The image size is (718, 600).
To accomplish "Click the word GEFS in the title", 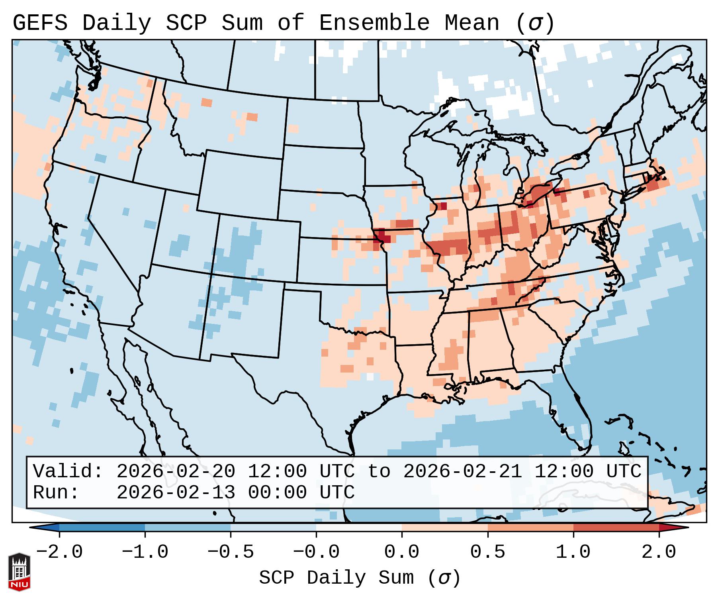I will coord(40,23).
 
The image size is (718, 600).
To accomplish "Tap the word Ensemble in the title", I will coord(374,23).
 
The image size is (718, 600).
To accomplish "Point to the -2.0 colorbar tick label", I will coord(59,552).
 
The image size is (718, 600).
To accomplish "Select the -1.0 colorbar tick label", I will coord(145,552).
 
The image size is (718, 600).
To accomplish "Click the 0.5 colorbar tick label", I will coord(488,552).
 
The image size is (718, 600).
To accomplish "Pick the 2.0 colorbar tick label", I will coord(659,552).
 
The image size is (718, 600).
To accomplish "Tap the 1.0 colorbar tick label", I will coord(573,552).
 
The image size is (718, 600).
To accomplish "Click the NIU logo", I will coord(19,572).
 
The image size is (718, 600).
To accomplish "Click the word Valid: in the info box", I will coord(68,472).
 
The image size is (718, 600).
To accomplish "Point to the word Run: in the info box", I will coord(56,493).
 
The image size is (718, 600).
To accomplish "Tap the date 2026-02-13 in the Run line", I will coord(176,493).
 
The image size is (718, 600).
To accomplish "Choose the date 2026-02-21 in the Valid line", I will coord(463,472).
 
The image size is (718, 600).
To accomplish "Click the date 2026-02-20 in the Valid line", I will coord(176,472).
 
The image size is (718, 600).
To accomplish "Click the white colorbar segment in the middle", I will coord(359,527).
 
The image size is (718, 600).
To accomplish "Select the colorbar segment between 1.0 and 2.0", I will coord(616,527).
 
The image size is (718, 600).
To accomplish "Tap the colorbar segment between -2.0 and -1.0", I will coord(102,527).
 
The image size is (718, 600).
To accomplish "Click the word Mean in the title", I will coord(472,23).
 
